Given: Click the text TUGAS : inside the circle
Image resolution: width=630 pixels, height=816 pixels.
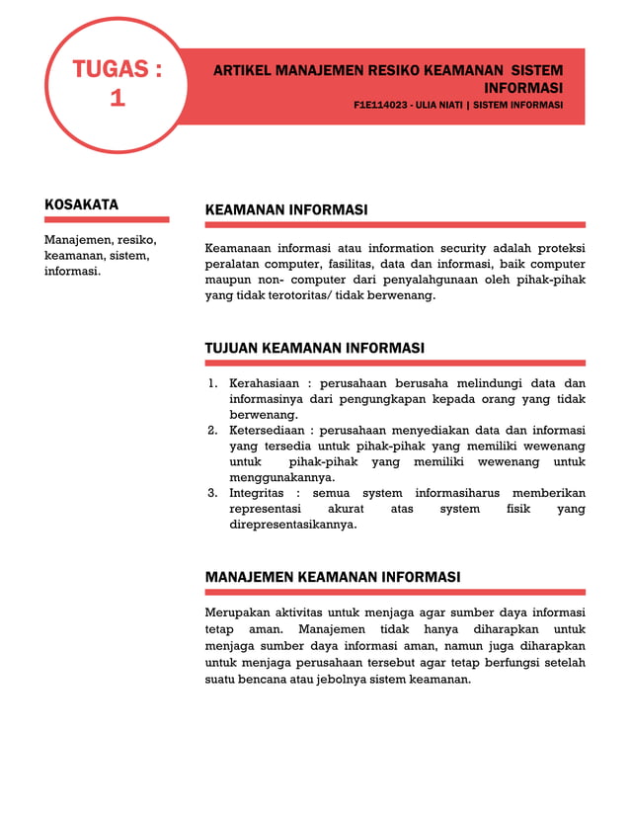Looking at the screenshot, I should (x=117, y=70).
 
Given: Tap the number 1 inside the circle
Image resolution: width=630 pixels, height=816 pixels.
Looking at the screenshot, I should (x=117, y=98).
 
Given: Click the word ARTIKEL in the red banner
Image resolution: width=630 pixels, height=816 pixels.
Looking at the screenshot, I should (x=242, y=71).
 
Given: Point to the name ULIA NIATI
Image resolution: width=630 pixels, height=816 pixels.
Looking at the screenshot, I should (x=463, y=105).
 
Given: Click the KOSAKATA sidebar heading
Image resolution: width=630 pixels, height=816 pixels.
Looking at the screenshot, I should (x=81, y=204).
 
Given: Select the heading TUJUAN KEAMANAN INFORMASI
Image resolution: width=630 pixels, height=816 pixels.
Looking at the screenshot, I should (x=314, y=348).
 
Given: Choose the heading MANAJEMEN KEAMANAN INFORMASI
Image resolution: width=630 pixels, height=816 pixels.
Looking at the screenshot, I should (x=332, y=577).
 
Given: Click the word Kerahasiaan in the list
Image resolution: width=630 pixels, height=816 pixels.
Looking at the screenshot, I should (x=264, y=383).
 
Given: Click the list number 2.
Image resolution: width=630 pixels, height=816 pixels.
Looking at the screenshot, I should (x=212, y=430).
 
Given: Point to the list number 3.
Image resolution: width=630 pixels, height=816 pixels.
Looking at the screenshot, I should (x=212, y=493).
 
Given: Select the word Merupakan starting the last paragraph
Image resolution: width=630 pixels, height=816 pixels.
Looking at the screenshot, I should (x=237, y=612).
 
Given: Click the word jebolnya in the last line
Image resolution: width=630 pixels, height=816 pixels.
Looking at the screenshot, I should (x=371, y=680).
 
